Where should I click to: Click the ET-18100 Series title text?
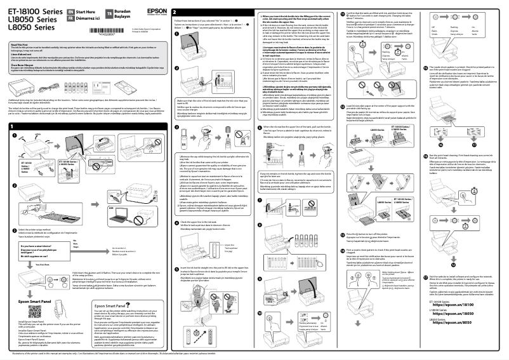pos(25,11)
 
